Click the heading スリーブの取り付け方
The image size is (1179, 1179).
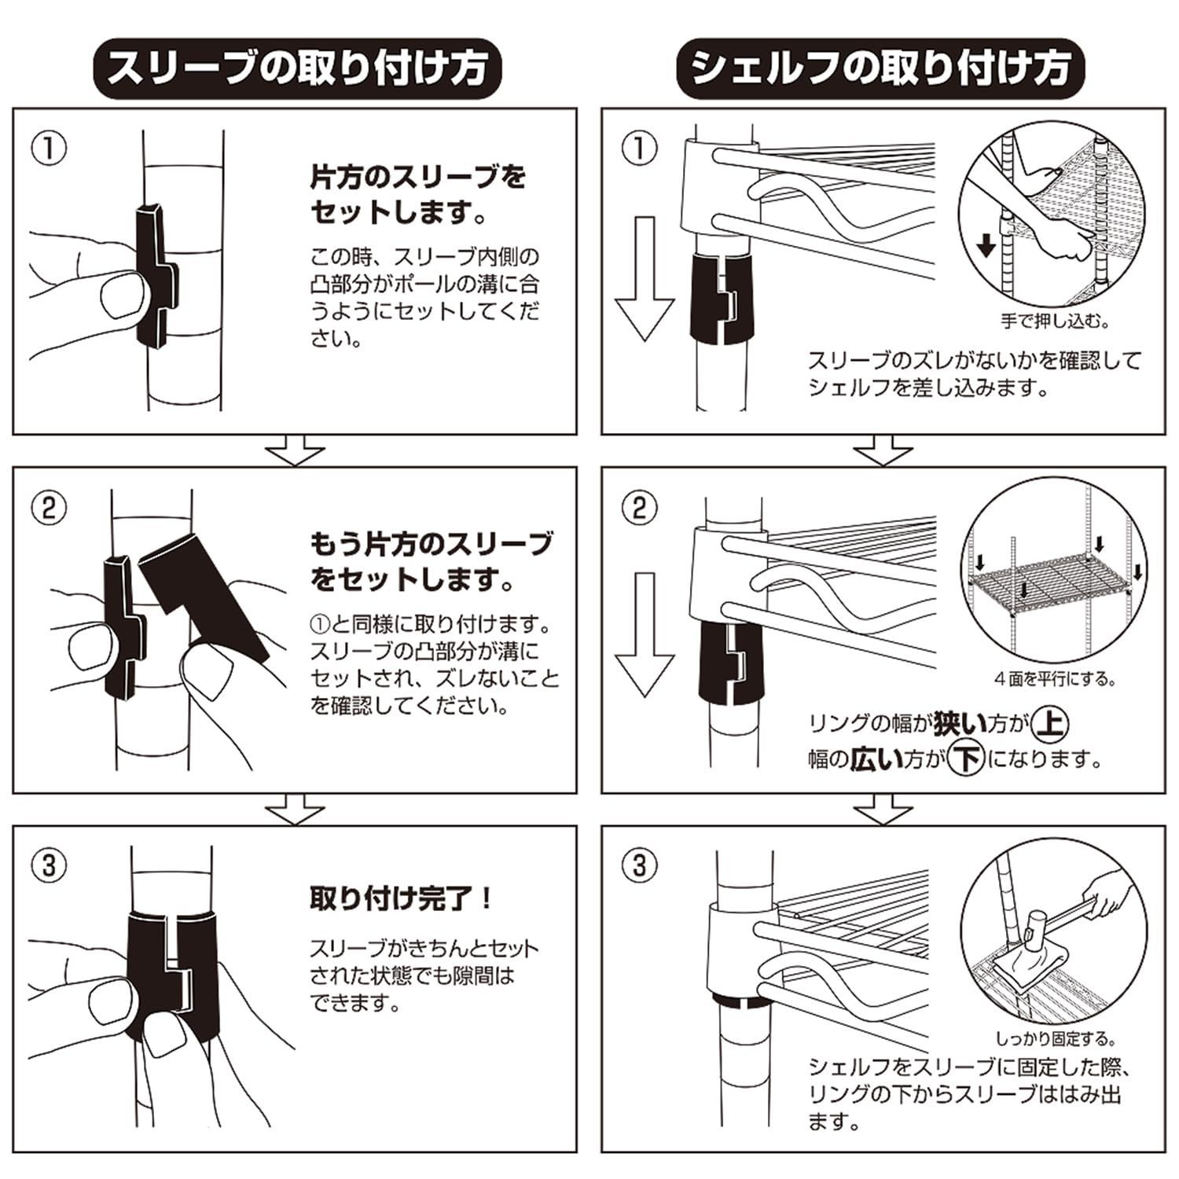coord(296,68)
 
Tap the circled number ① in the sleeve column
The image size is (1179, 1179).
coord(49,149)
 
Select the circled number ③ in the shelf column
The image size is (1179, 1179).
coord(638,866)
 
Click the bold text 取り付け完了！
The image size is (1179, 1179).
coord(401,898)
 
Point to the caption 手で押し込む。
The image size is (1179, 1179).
coord(1055,321)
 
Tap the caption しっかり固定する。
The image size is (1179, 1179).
coord(1056,1039)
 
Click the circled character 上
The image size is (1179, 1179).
coord(1049,723)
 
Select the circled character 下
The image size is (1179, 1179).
coord(966,759)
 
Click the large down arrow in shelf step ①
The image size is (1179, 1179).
coord(645,278)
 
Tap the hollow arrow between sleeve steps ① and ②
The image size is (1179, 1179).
coord(295,453)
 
